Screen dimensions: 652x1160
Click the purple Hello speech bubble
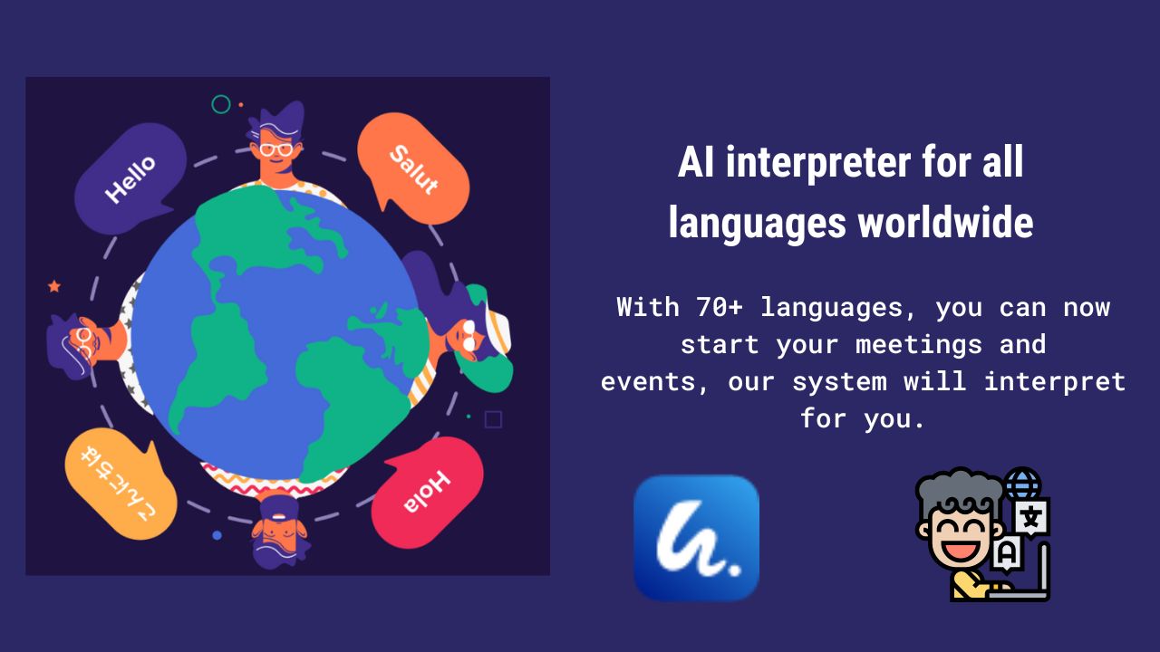click(x=130, y=177)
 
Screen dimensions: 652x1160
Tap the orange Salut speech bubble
click(x=413, y=168)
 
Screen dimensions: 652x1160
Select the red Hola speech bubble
click(x=427, y=493)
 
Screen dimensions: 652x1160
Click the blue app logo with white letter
click(x=696, y=538)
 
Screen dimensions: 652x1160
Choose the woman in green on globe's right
click(x=467, y=331)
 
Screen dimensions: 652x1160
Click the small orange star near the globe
click(x=54, y=286)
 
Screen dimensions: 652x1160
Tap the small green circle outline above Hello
click(x=220, y=104)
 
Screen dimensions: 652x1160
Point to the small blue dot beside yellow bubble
click(x=217, y=535)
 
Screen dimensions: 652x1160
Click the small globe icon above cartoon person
click(x=1022, y=484)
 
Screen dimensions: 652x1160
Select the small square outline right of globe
click(x=493, y=419)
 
